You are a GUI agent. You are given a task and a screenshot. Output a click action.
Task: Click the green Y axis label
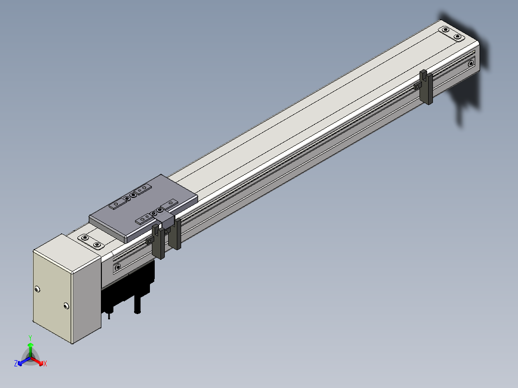(x=30, y=338)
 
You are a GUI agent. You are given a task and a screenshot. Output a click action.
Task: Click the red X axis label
(x=45, y=364)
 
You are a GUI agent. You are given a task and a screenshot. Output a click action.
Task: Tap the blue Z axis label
(x=16, y=364)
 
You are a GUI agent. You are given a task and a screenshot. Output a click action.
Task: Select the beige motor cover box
(x=67, y=289)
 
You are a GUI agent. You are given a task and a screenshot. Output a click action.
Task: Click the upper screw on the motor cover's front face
(x=37, y=289)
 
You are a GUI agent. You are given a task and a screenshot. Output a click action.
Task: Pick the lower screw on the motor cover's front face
(x=66, y=306)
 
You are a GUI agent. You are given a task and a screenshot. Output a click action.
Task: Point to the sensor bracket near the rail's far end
(x=426, y=87)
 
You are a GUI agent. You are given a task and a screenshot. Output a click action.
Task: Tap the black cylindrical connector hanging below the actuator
(x=137, y=304)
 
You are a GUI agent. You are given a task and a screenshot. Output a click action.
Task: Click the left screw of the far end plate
(x=445, y=30)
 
